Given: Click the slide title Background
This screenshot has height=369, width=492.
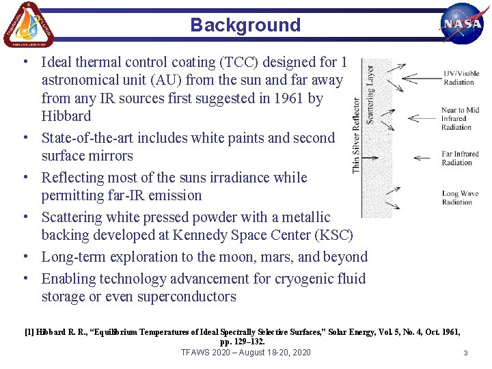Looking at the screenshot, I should [245, 25].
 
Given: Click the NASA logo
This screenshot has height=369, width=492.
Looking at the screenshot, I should [463, 23].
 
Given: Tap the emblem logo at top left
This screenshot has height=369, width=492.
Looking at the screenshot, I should [28, 25].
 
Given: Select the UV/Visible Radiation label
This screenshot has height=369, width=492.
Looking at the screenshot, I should [461, 78].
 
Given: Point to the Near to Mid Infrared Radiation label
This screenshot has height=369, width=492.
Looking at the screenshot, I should [460, 118].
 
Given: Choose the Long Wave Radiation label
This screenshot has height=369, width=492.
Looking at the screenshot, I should [459, 197].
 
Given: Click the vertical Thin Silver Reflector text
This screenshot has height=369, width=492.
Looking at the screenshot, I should [357, 135].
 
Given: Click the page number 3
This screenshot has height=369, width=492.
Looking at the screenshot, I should [465, 353].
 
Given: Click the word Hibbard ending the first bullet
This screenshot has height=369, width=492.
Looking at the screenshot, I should [66, 116].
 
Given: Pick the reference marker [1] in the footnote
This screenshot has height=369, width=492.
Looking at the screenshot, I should [29, 332].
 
